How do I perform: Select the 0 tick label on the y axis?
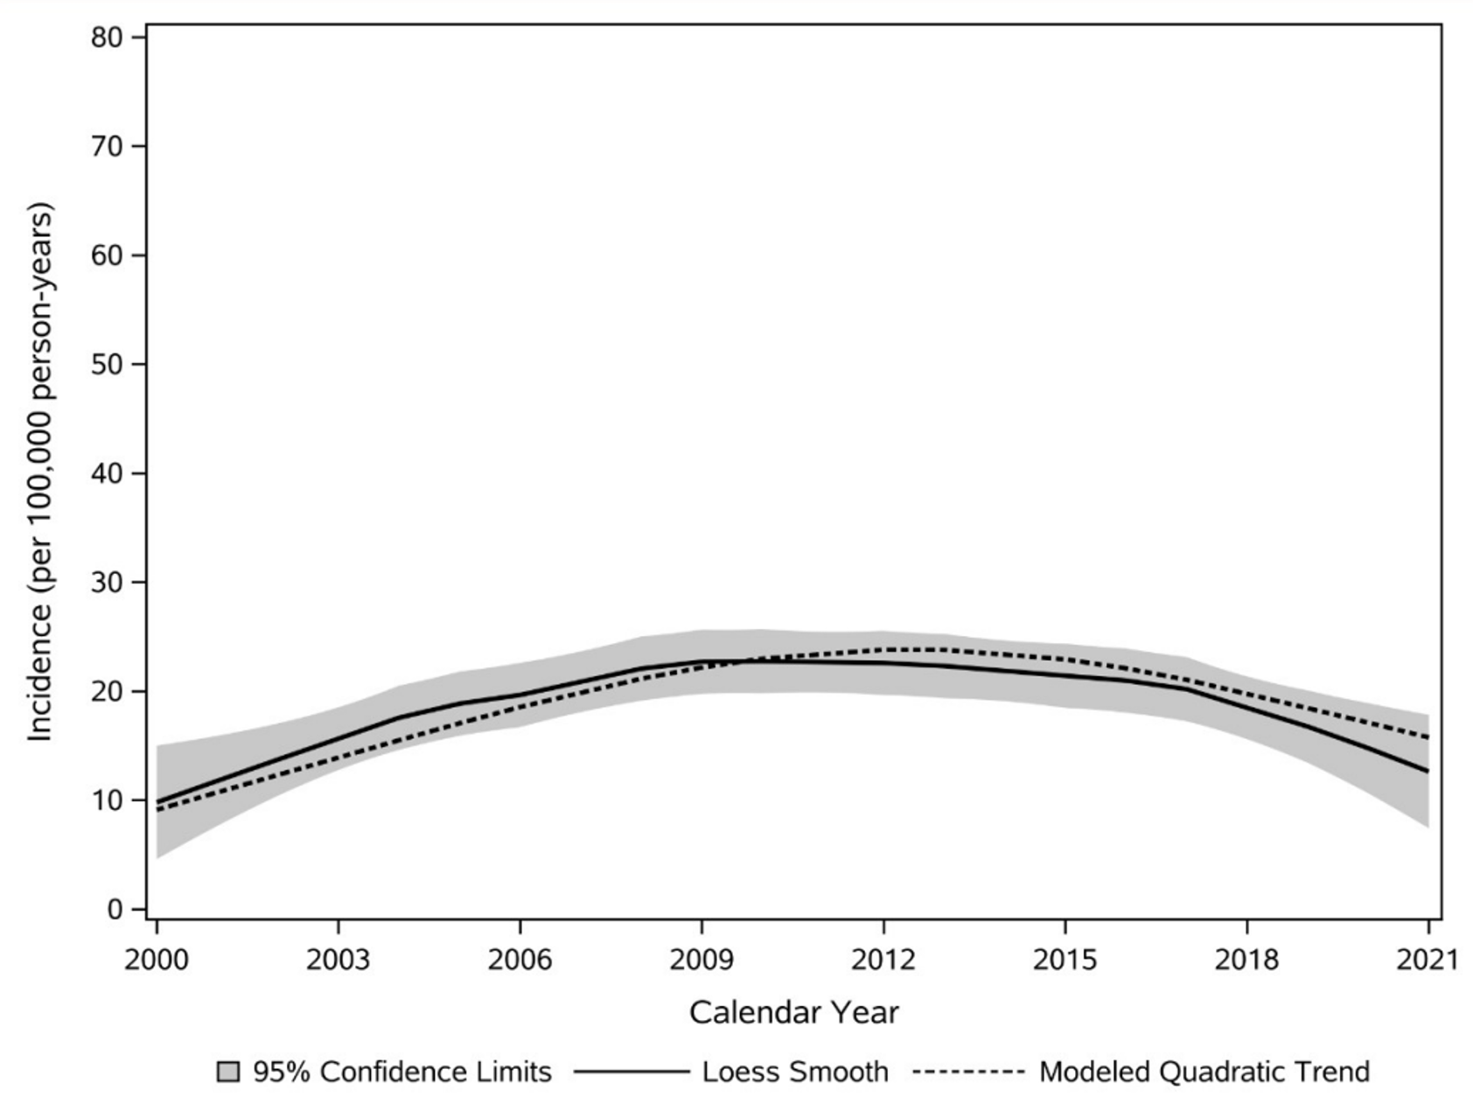tap(115, 910)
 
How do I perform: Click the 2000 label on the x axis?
tap(157, 961)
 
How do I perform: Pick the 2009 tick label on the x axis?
tap(702, 961)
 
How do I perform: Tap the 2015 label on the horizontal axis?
tap(1065, 961)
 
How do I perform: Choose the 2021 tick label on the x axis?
tap(1428, 961)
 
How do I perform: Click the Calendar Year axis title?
tap(793, 1013)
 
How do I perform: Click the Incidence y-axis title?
tap(40, 472)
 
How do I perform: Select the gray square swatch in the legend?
tap(227, 1073)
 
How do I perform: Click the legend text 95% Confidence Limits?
tap(402, 1073)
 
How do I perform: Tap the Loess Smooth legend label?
tap(795, 1073)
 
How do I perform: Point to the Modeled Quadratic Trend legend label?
tap(1204, 1073)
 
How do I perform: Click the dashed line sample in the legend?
tap(968, 1073)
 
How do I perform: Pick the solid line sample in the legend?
tap(632, 1073)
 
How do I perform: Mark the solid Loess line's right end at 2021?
tap(1428, 771)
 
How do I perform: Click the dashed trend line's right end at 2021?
tap(1428, 737)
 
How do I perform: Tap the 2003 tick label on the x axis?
tap(339, 961)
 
